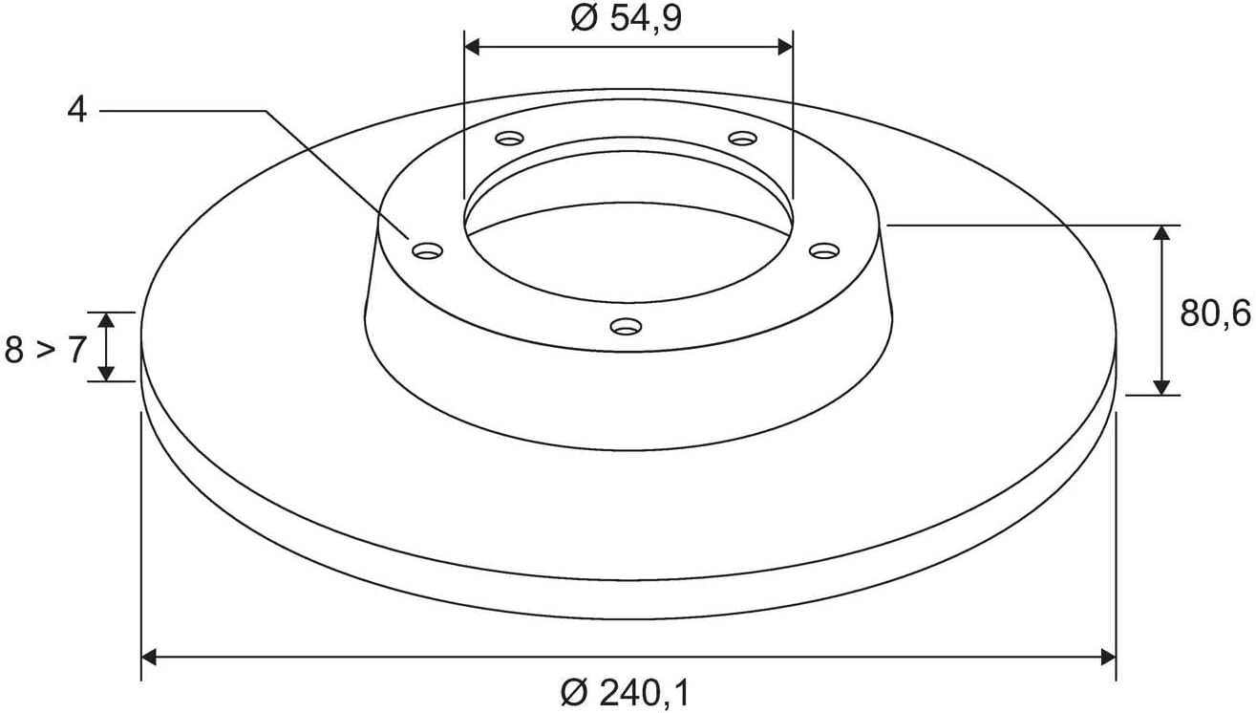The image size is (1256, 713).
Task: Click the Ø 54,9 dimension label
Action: click(x=626, y=18)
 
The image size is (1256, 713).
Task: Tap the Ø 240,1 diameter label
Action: click(x=625, y=693)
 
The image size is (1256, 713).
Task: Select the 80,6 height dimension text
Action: click(x=1215, y=313)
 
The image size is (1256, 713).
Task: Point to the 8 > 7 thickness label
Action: click(x=46, y=349)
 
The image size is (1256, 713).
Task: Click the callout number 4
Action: click(x=76, y=109)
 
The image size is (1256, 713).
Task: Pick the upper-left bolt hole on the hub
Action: click(x=510, y=138)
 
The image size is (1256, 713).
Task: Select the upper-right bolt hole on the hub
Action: click(x=742, y=138)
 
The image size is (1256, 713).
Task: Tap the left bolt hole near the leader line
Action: click(x=427, y=250)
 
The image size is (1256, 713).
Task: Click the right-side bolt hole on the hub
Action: click(x=824, y=250)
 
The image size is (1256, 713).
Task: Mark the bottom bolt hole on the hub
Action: click(x=626, y=326)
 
